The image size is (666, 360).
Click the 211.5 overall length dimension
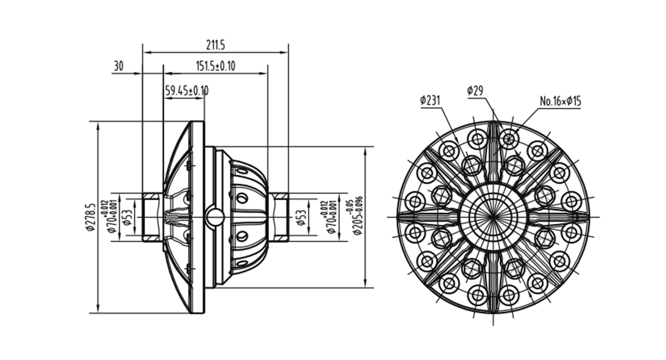pyautogui.click(x=215, y=45)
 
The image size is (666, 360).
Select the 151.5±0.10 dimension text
pyautogui.click(x=216, y=66)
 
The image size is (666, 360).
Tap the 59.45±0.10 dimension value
pyautogui.click(x=187, y=91)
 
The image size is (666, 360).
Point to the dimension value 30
pyautogui.click(x=119, y=66)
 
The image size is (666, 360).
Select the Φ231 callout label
pyautogui.click(x=430, y=100)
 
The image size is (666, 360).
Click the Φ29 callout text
pyautogui.click(x=475, y=91)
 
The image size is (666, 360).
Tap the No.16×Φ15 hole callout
pyautogui.click(x=560, y=101)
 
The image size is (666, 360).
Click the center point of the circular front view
pyautogui.click(x=493, y=217)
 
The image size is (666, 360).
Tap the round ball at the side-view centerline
pyautogui.click(x=215, y=217)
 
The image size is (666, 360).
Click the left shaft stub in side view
pyautogui.click(x=153, y=217)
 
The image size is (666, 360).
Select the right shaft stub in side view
pyautogui.click(x=279, y=217)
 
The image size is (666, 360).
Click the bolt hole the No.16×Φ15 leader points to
pyautogui.click(x=509, y=139)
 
